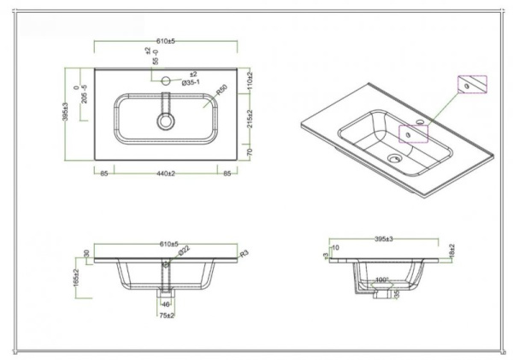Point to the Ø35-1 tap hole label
point(191,83)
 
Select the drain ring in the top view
point(163,121)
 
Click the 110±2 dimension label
point(249,82)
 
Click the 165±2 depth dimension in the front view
point(75,276)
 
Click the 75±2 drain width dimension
point(168,316)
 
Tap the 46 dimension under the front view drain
point(167,304)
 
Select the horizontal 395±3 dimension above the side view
point(387,238)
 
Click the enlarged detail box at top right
point(471,86)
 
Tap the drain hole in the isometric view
point(393,157)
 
